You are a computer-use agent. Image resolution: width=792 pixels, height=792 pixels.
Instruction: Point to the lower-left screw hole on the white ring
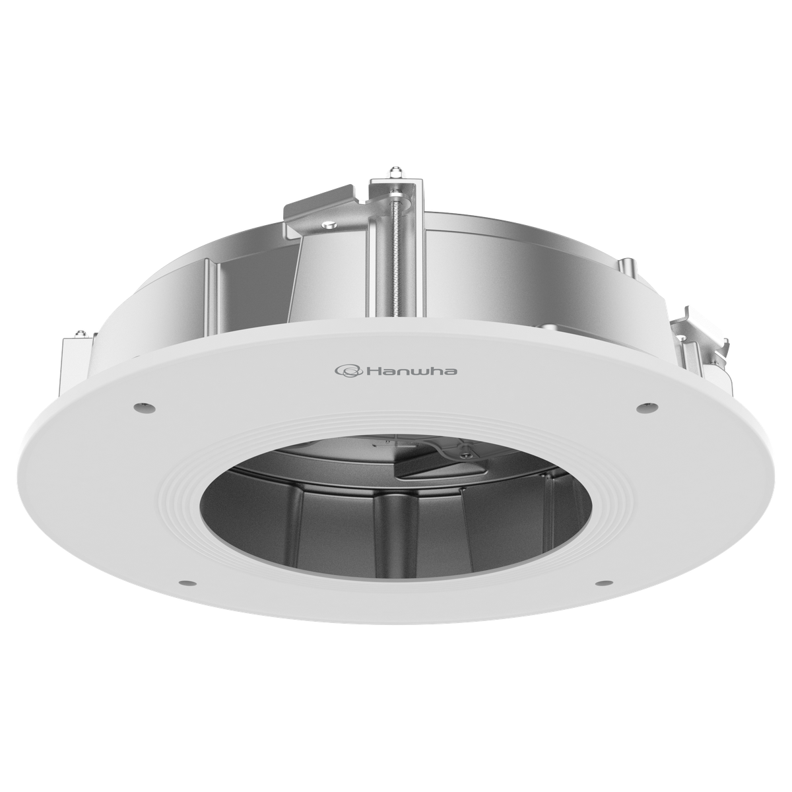187,583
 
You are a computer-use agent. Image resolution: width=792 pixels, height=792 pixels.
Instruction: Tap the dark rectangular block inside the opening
429,465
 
